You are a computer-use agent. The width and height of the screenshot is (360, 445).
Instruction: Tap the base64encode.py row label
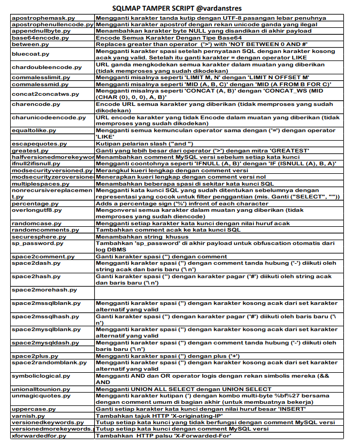33,38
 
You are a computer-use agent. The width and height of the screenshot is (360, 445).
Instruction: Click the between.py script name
26,45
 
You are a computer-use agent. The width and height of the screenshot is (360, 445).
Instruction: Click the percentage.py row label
32,204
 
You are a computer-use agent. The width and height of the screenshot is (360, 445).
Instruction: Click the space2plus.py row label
31,356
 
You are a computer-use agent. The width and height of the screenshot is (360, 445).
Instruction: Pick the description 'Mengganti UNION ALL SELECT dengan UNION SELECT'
183,389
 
